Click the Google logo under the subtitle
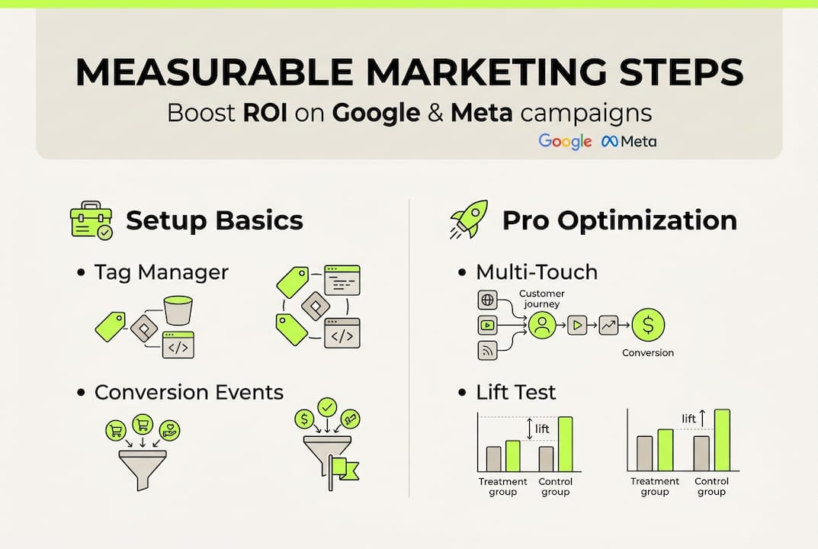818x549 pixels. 565,141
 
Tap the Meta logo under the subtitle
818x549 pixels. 629,141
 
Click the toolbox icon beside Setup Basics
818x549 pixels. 91,221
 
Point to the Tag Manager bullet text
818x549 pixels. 161,272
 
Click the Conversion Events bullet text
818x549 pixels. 188,392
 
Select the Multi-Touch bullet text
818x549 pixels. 537,272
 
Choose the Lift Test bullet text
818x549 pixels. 516,392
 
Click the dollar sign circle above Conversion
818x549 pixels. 648,325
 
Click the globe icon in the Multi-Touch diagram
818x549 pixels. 487,300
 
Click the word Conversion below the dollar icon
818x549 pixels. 648,353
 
